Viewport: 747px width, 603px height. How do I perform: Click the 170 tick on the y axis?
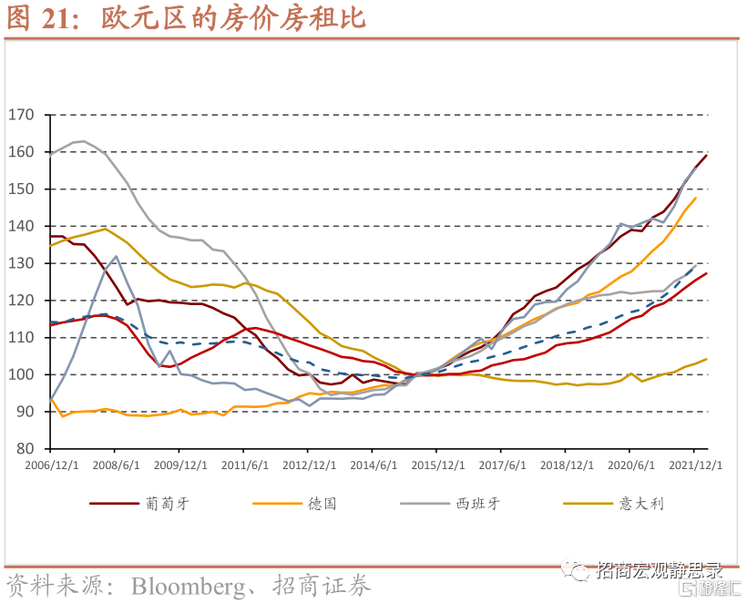20,115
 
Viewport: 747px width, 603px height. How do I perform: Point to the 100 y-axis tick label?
20,374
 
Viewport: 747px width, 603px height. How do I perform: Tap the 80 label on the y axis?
24,449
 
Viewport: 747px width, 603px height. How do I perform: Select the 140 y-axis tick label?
20,226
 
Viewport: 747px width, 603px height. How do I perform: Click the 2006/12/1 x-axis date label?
50,464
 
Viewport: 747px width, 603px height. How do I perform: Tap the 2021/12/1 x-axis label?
694,464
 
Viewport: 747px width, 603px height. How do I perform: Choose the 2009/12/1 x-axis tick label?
179,464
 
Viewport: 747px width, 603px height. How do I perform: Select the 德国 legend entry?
322,503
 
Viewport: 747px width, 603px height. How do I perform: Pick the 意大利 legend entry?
639,503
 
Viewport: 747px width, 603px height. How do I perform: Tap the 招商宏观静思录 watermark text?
658,570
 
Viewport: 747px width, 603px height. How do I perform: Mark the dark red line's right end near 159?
706,155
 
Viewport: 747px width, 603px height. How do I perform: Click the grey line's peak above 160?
84,141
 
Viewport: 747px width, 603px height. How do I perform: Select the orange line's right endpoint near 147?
695,198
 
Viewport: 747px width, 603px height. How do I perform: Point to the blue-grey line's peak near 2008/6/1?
116,256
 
